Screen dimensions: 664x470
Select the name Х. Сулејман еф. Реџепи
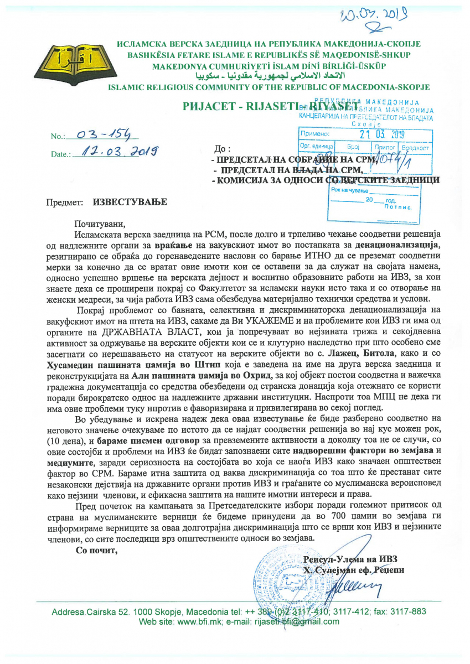[353, 569]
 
